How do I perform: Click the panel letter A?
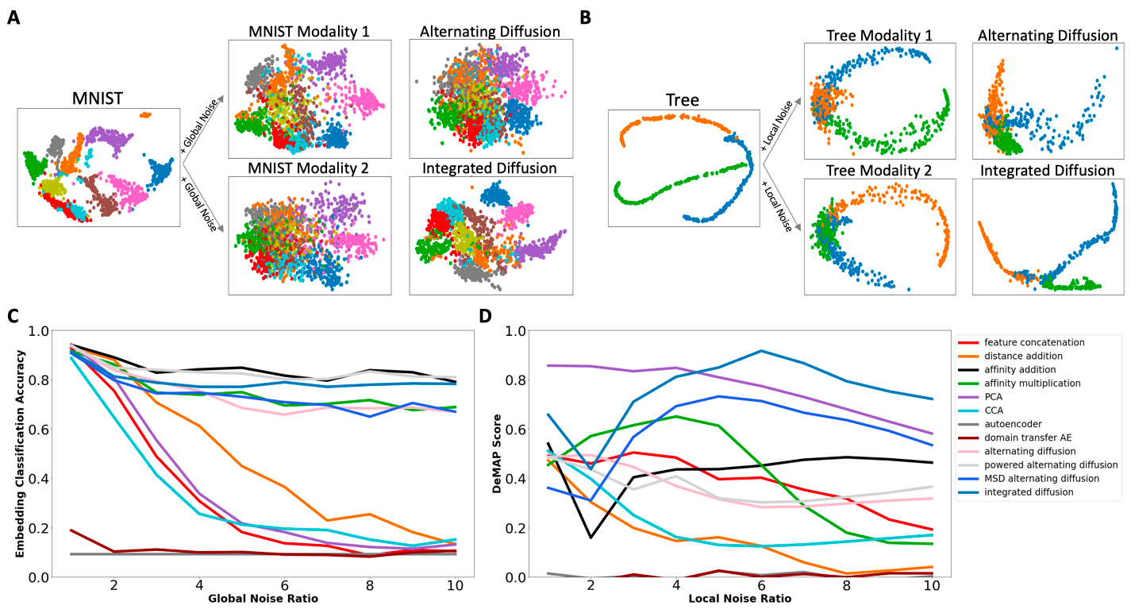(13, 17)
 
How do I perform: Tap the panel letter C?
(13, 315)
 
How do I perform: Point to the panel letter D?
(486, 315)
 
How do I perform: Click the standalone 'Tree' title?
(683, 101)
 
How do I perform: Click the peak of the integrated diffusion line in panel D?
(761, 350)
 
